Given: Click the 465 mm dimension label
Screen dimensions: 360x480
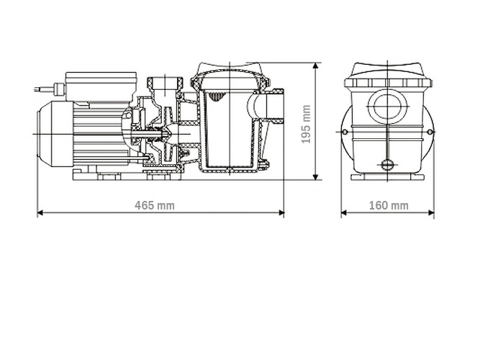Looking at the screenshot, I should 155,205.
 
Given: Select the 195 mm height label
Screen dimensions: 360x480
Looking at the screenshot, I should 306,124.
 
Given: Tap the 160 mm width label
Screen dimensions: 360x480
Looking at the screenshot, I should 388,205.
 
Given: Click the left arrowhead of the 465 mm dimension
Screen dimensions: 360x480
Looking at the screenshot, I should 40,213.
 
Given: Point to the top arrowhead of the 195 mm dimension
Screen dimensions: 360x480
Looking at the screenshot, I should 316,66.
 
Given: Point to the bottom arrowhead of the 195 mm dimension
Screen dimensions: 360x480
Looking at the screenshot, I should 316,177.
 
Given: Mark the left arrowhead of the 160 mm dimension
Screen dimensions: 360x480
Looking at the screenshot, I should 344,213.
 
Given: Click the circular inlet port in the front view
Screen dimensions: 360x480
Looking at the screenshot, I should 388,107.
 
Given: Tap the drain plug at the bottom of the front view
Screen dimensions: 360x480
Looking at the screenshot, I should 388,167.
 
